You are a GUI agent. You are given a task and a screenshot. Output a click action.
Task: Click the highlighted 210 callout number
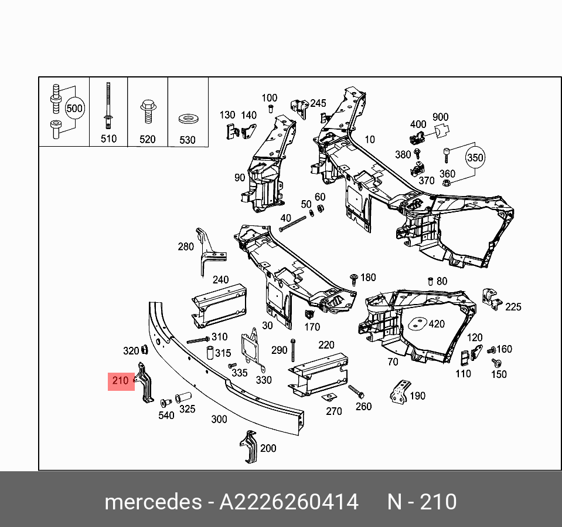coord(120,381)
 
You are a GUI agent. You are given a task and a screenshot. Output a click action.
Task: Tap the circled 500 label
coord(74,109)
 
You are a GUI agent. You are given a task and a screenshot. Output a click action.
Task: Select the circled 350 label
coord(475,158)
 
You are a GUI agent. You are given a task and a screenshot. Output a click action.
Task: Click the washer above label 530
coord(188,120)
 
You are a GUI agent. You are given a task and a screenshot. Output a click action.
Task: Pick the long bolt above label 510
coord(108,106)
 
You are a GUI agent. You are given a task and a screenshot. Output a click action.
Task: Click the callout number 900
coord(440,118)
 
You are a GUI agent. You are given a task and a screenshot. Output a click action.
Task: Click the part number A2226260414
coord(289,502)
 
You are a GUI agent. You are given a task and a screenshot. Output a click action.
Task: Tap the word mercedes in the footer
coord(152,502)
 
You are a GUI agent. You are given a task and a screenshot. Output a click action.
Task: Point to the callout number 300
coord(219,419)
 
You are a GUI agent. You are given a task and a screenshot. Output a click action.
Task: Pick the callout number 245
coord(318,103)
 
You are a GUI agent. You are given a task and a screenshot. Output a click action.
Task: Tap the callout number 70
coord(393,362)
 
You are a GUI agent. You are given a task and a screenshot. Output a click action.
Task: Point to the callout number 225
coord(513,306)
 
